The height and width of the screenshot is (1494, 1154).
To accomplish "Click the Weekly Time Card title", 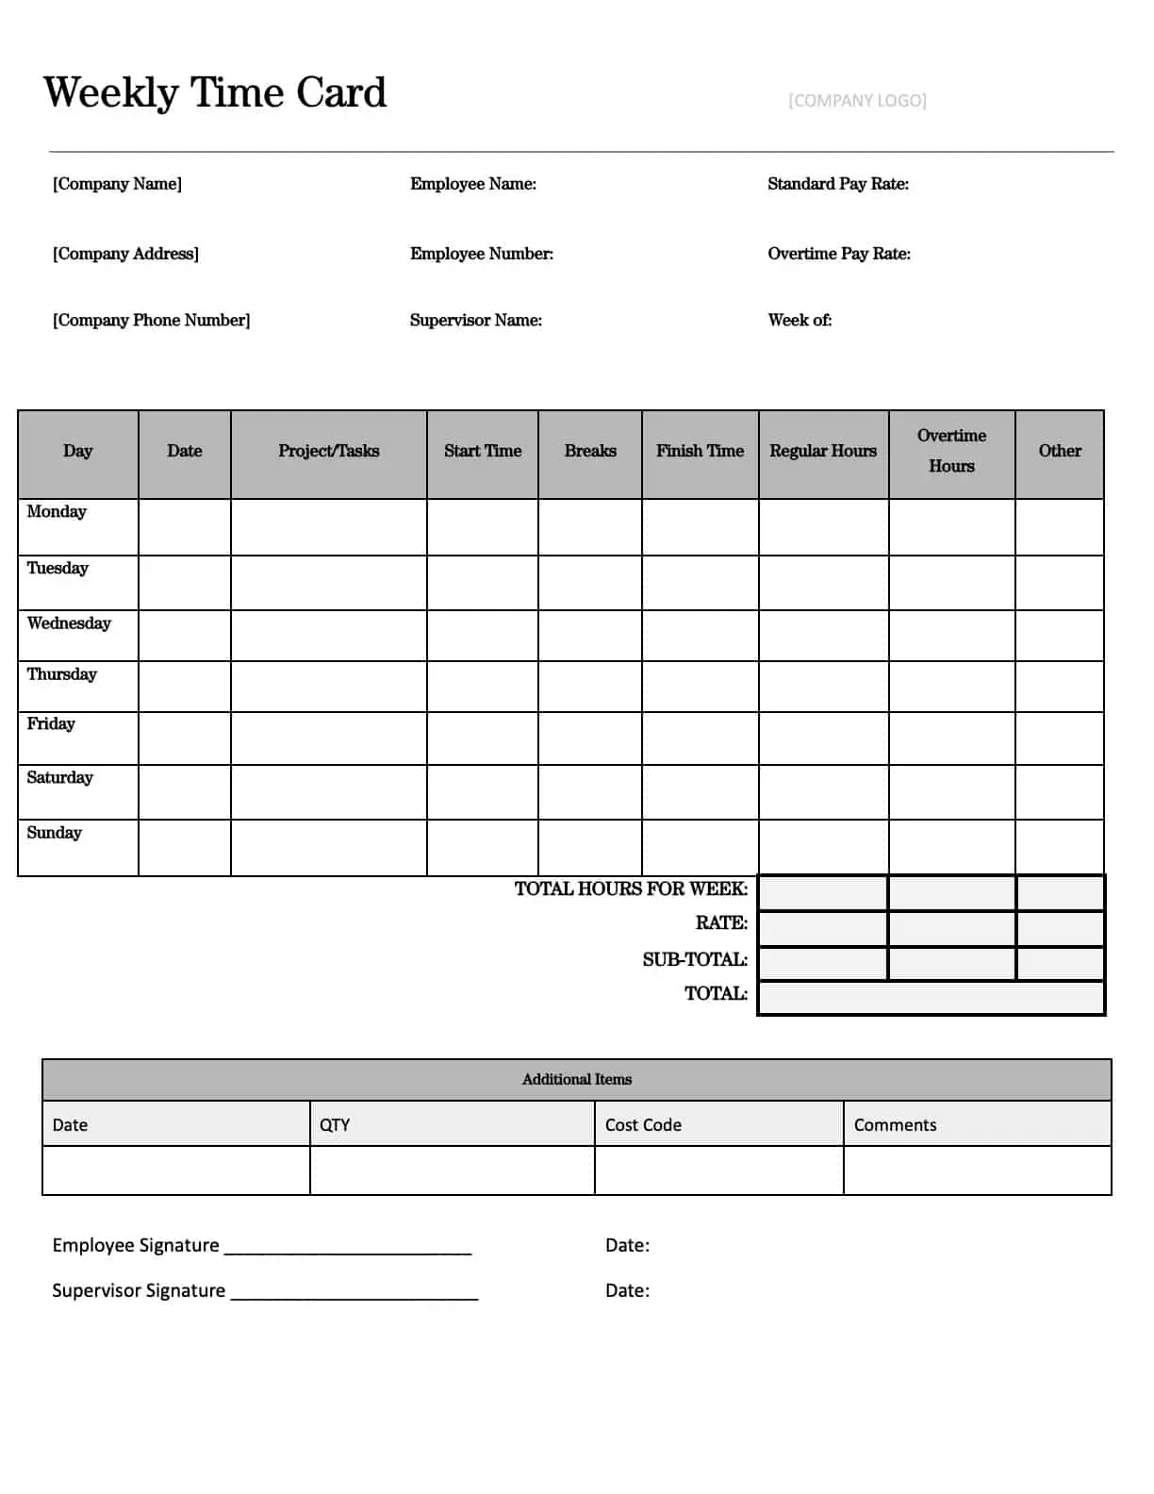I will point(215,92).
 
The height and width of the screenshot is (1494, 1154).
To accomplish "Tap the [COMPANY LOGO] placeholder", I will point(857,100).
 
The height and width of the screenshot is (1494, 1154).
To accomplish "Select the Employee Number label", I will point(481,254).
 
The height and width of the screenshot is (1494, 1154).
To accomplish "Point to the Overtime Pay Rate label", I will point(838,254).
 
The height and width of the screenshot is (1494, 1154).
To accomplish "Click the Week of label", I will point(800,320).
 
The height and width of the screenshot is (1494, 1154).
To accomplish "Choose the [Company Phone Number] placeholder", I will point(151,320).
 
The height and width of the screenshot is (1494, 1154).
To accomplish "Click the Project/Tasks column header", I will point(328,451).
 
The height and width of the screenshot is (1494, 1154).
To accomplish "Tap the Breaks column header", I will point(589,451).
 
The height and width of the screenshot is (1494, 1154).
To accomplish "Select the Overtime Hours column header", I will point(951,451).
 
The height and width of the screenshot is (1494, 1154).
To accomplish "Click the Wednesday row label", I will point(69,623).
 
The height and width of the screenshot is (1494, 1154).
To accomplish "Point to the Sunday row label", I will point(54,833).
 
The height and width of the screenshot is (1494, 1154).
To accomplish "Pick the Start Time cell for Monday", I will point(482,527).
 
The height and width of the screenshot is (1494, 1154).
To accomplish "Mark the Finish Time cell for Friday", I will point(700,739).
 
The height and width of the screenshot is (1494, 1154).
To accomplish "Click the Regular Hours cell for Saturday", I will point(823,792).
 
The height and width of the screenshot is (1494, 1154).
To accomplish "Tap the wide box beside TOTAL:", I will point(931,998).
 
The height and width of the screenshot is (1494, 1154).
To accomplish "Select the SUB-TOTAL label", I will point(695,959).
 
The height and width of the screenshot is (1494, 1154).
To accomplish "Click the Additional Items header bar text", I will point(576,1079).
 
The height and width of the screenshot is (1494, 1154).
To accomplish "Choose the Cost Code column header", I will point(643,1124).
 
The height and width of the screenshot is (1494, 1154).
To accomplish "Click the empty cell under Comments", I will point(977,1170).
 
